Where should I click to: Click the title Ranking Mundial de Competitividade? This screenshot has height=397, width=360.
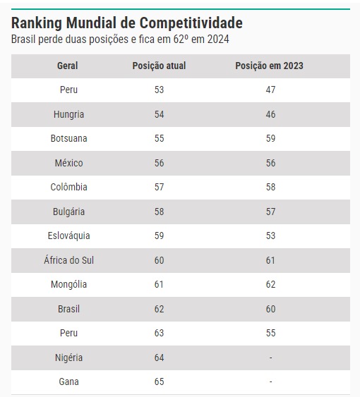pyautogui.click(x=127, y=23)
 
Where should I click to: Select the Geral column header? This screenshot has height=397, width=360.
pyautogui.click(x=68, y=66)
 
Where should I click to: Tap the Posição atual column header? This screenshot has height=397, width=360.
pyautogui.click(x=159, y=66)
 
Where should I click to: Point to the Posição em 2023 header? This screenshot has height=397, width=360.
pyautogui.click(x=269, y=66)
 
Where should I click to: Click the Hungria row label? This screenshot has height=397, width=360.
pyautogui.click(x=68, y=114)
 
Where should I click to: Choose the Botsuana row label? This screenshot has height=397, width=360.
pyautogui.click(x=68, y=138)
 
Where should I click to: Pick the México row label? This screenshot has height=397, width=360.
pyautogui.click(x=68, y=163)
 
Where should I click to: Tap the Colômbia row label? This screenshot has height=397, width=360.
pyautogui.click(x=68, y=187)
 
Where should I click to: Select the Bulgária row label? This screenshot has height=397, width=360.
pyautogui.click(x=68, y=212)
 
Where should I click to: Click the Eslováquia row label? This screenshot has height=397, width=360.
pyautogui.click(x=68, y=236)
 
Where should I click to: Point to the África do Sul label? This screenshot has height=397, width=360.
pyautogui.click(x=68, y=260)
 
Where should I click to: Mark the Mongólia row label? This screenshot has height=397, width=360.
pyautogui.click(x=68, y=285)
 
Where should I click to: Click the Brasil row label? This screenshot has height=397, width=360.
pyautogui.click(x=68, y=309)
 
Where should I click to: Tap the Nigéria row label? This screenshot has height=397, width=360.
pyautogui.click(x=68, y=358)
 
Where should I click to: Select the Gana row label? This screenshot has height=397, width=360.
pyautogui.click(x=68, y=381)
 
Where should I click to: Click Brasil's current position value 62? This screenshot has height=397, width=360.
pyautogui.click(x=160, y=309)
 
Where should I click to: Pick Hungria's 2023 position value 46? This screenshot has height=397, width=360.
pyautogui.click(x=270, y=114)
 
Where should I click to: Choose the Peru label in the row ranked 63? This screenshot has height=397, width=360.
pyautogui.click(x=68, y=334)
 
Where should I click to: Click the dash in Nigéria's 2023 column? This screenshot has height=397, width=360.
pyautogui.click(x=271, y=358)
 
